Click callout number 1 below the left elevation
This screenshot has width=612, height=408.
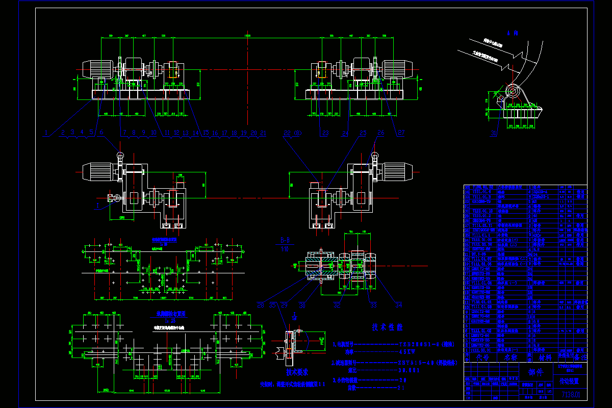(x=46, y=133)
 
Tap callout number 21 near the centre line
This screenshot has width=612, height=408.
(x=263, y=133)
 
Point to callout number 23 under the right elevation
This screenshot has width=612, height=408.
(x=325, y=134)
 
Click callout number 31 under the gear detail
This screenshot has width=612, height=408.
(x=493, y=134)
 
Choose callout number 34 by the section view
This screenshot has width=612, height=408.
(x=398, y=305)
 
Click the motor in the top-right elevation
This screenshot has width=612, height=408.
(x=398, y=69)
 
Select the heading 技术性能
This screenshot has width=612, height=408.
(x=387, y=327)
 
